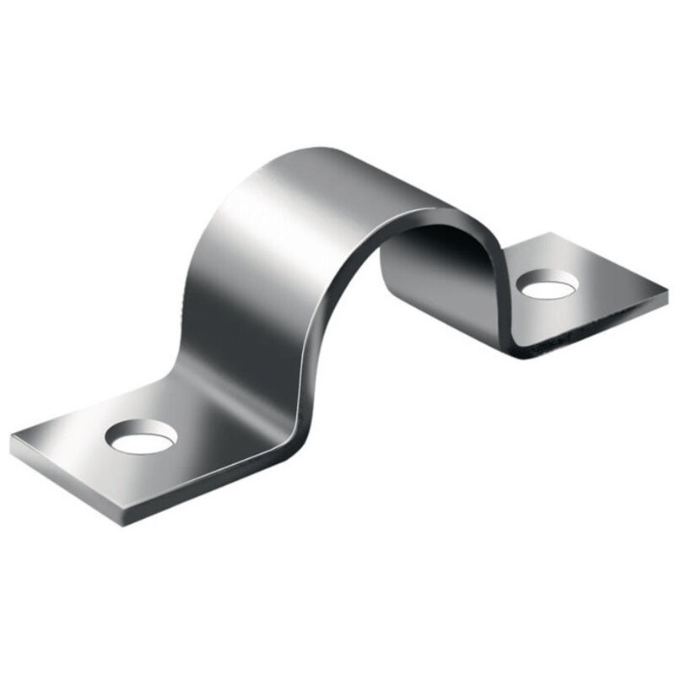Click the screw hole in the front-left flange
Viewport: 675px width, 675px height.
coord(141,436)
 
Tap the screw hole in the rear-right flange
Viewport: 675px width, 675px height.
coord(549,285)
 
